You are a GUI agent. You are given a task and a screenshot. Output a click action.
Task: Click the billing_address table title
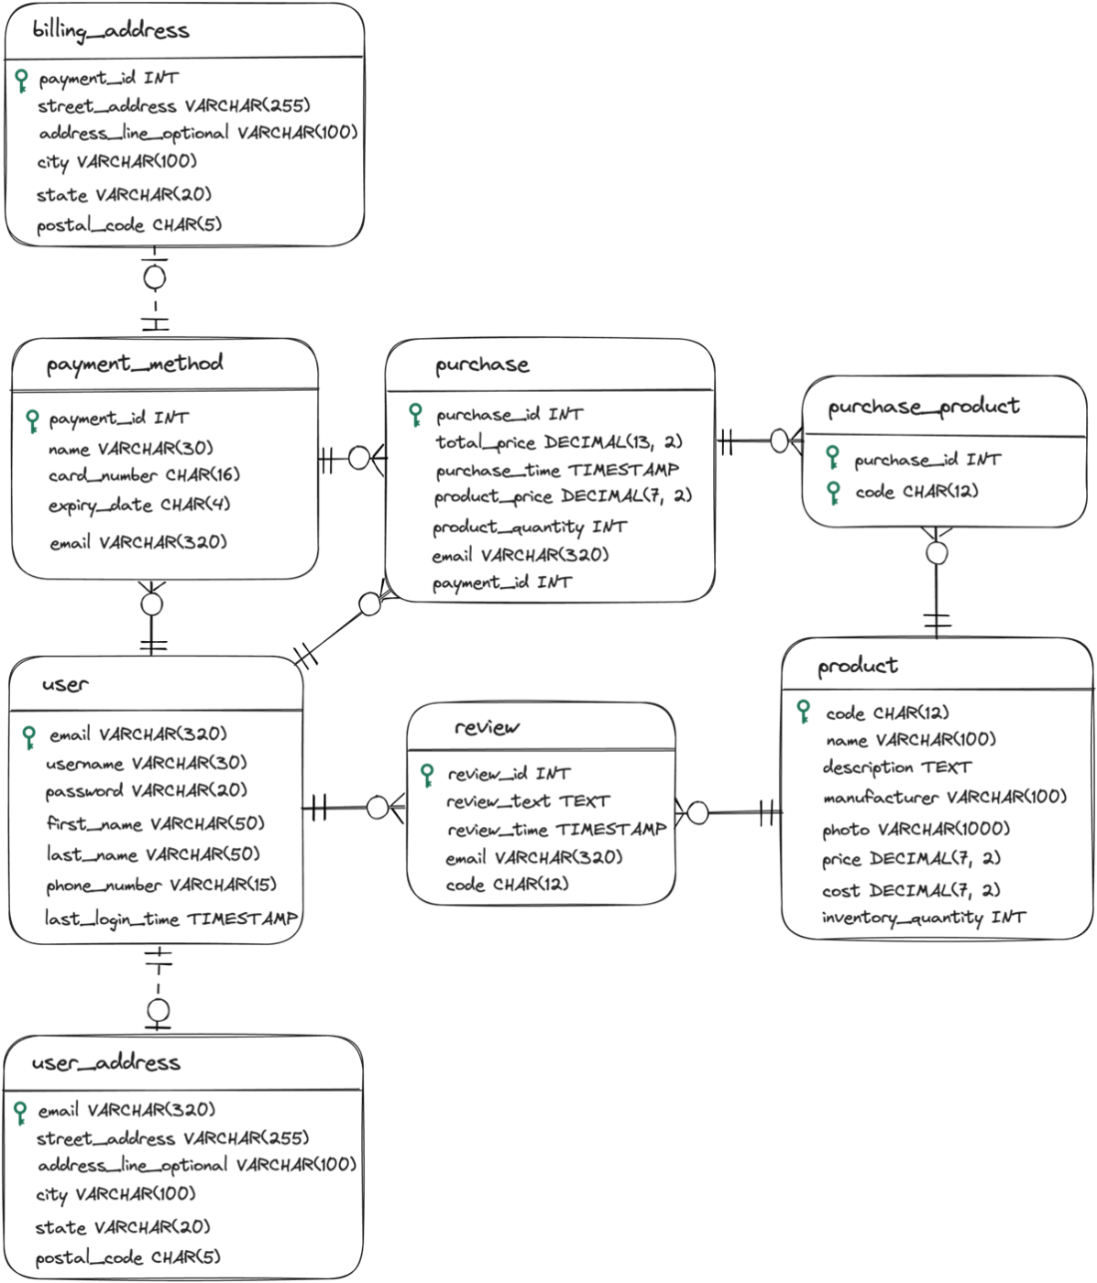pyautogui.click(x=111, y=31)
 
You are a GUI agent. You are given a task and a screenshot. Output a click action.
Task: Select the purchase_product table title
pyautogui.click(x=923, y=407)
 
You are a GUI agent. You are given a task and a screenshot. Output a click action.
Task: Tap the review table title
pyautogui.click(x=487, y=727)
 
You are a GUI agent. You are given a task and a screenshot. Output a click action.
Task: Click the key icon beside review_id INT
pyautogui.click(x=427, y=776)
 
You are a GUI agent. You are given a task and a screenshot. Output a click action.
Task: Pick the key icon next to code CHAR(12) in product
pyautogui.click(x=804, y=712)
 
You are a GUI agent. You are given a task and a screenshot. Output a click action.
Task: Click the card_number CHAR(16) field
pyautogui.click(x=144, y=476)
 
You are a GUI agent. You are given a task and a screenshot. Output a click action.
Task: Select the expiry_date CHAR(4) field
pyautogui.click(x=139, y=505)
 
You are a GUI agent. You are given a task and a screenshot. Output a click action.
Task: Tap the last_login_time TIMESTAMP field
pyautogui.click(x=172, y=919)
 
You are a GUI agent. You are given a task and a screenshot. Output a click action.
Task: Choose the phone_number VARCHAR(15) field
pyautogui.click(x=162, y=885)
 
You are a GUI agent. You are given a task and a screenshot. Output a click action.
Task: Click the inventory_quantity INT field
pyautogui.click(x=923, y=918)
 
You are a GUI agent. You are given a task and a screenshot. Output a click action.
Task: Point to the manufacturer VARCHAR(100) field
pyautogui.click(x=944, y=797)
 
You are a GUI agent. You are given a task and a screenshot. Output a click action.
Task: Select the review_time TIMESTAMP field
pyautogui.click(x=556, y=829)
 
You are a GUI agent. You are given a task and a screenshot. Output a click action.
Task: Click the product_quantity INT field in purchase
pyautogui.click(x=530, y=527)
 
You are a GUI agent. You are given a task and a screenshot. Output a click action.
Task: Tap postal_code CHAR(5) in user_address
pyautogui.click(x=128, y=1257)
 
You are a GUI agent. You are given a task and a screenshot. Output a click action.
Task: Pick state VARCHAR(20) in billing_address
pyautogui.click(x=125, y=195)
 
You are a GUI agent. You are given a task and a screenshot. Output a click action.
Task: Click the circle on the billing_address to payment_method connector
pyautogui.click(x=155, y=277)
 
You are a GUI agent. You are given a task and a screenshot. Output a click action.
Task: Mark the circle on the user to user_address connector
pyautogui.click(x=159, y=1010)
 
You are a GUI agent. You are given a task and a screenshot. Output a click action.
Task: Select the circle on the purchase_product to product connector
pyautogui.click(x=936, y=552)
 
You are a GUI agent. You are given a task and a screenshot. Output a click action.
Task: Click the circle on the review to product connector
pyautogui.click(x=698, y=812)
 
